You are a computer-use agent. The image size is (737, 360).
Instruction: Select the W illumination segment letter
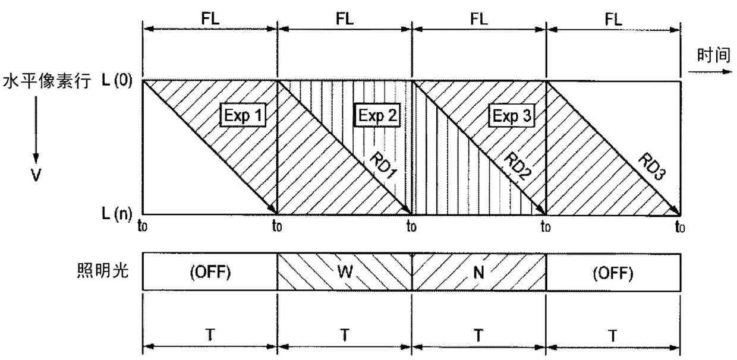(345, 275)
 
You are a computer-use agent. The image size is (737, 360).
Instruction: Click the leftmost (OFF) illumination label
(210, 275)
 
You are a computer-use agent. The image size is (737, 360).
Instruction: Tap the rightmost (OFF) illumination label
(613, 275)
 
